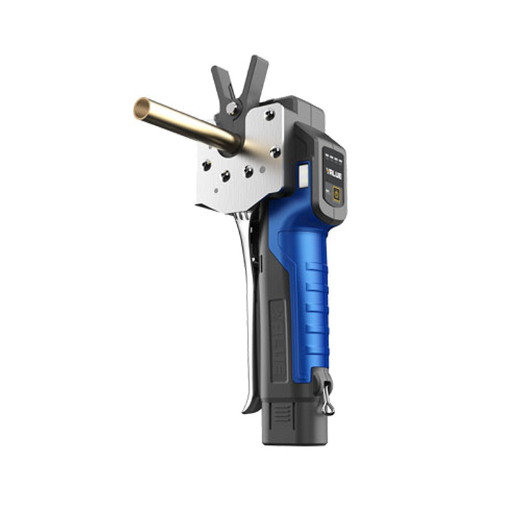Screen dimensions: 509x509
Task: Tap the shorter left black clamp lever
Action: pyautogui.click(x=219, y=83)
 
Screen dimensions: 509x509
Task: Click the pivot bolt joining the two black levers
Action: pyautogui.click(x=234, y=109)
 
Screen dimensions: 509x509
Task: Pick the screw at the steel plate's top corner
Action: pyautogui.click(x=270, y=115)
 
